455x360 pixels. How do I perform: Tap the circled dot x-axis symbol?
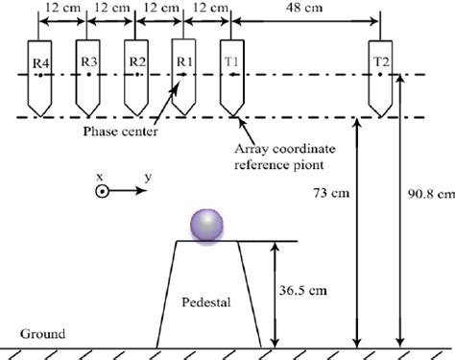coord(101,191)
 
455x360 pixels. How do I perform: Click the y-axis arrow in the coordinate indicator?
coord(134,191)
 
